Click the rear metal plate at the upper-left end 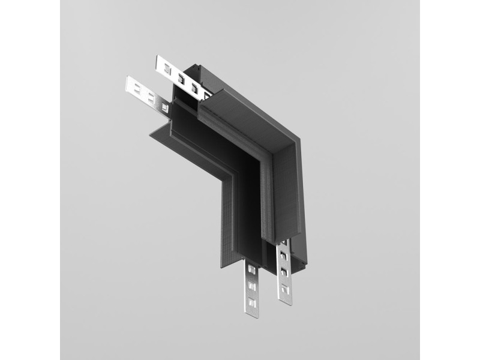(174, 70)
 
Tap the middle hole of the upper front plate (151, 96)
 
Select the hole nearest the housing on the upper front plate (164, 106)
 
